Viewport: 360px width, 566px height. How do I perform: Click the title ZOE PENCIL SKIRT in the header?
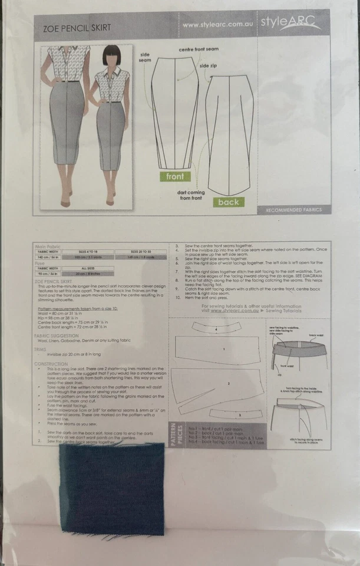[77, 28]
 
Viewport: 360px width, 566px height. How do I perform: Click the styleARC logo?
[298, 24]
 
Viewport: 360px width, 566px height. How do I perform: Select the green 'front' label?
[175, 176]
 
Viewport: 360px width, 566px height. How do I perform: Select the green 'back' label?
[228, 202]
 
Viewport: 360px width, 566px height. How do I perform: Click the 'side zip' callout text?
[208, 65]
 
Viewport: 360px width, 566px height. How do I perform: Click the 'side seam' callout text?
[145, 57]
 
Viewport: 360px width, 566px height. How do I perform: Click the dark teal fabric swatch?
[111, 488]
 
